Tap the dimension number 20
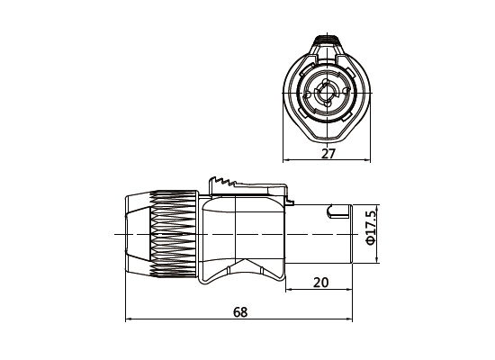click(321, 283)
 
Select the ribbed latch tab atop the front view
click(327, 41)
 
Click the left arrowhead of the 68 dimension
click(128, 319)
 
